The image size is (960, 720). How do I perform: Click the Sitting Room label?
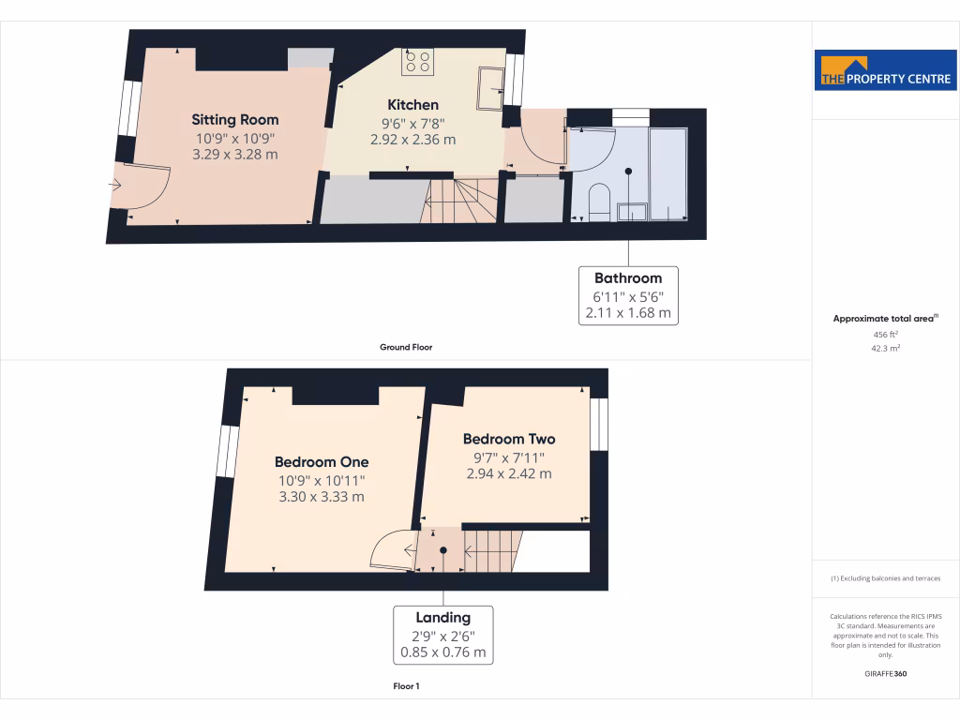234,120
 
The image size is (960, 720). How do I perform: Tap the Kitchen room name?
412,105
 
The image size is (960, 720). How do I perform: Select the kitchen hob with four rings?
418,62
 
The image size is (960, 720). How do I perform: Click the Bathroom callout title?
627,278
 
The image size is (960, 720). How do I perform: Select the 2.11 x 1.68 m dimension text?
627,314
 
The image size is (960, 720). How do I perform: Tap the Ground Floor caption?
405,347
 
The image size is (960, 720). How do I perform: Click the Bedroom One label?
322,462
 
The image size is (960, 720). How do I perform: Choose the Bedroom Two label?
509,439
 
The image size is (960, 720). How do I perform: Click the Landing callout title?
443,618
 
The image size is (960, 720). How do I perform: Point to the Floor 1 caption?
406,687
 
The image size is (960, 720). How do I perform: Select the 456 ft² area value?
886,334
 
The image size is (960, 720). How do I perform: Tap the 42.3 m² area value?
886,348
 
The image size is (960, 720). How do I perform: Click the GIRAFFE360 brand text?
886,674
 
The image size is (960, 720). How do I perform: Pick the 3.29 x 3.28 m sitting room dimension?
234,155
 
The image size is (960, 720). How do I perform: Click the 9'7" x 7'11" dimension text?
509,457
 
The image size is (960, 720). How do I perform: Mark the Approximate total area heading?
884,319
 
